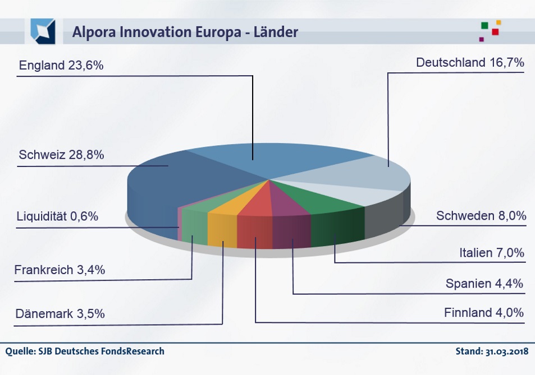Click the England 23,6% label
point(61,66)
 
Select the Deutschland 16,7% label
point(470,63)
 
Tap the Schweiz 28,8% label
point(61,155)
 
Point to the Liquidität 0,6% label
point(57,216)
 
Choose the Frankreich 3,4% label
point(60,270)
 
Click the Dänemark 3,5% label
point(60,313)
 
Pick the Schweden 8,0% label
point(481,215)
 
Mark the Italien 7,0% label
point(491,253)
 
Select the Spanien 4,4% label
point(484,284)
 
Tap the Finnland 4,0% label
point(483,312)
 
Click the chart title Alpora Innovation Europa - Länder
point(185,33)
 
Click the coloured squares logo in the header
point(490,31)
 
